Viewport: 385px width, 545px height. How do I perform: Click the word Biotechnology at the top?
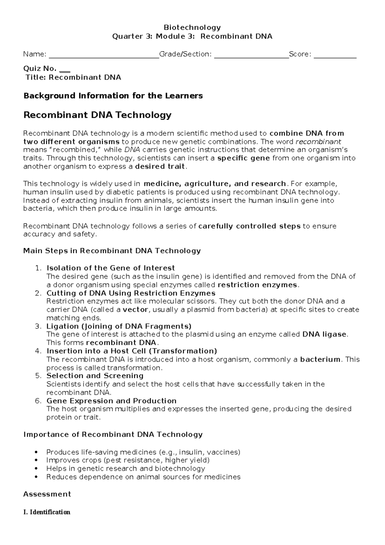tap(192, 28)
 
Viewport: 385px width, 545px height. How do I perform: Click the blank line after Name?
tap(104, 57)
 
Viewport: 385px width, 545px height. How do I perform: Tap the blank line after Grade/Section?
tap(251, 57)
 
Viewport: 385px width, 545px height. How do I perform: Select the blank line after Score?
tap(335, 57)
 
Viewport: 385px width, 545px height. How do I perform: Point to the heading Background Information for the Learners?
tap(113, 96)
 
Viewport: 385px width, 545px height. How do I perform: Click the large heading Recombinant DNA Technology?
tap(98, 115)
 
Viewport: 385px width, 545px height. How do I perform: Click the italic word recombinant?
tap(318, 142)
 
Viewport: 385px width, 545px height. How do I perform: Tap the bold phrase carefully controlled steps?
tap(249, 226)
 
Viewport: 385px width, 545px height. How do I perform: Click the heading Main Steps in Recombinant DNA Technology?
tap(112, 251)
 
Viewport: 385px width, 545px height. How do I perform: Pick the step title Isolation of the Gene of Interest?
tap(111, 268)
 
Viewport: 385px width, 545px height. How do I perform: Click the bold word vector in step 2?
tap(135, 310)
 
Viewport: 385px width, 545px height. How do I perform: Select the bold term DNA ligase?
tap(324, 335)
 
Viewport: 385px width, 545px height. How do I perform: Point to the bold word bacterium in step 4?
tap(320, 360)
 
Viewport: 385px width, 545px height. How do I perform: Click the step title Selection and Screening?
tap(95, 376)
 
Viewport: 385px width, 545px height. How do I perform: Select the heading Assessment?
tap(47, 494)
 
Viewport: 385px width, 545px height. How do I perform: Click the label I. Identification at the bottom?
tap(47, 512)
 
